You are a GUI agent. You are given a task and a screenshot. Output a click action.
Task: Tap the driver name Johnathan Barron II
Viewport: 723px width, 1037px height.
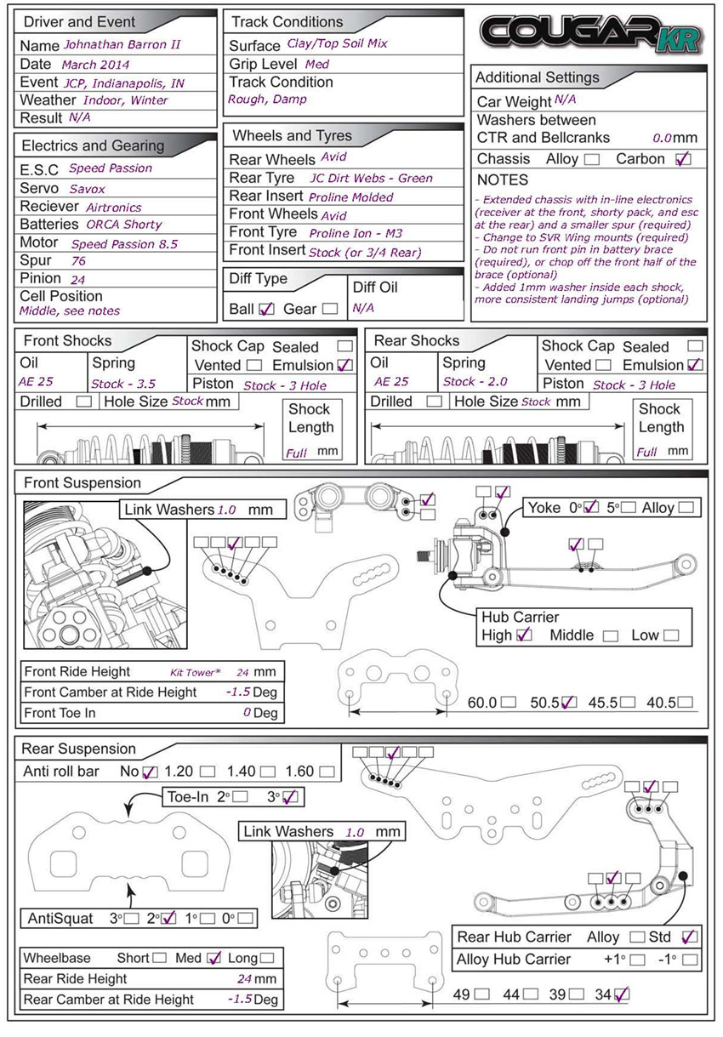coord(126,44)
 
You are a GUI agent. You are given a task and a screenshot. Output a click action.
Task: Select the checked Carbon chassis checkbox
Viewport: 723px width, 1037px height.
coord(682,159)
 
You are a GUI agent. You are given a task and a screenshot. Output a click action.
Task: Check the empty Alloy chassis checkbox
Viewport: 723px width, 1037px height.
coord(591,159)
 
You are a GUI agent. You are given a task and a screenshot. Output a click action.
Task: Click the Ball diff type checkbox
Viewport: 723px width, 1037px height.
coord(266,309)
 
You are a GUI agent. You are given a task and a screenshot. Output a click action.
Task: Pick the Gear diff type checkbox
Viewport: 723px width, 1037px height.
coord(330,309)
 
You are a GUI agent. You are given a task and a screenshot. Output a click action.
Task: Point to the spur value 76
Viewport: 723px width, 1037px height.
coord(78,261)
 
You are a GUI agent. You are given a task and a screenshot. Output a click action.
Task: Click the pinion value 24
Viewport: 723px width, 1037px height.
coord(78,278)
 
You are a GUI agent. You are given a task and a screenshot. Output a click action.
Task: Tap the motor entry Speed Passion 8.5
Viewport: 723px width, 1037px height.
coord(124,243)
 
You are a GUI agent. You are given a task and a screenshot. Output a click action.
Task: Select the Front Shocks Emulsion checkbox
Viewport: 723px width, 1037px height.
coord(344,365)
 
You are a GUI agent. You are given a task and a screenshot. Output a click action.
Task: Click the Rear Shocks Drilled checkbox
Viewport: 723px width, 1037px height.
coord(434,402)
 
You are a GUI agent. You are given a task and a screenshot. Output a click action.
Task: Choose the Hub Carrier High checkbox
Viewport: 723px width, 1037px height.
coord(524,635)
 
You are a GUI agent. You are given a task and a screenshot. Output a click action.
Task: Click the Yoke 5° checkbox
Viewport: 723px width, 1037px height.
coord(629,508)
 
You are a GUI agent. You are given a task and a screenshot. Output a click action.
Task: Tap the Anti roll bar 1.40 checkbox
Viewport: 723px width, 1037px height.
coord(267,772)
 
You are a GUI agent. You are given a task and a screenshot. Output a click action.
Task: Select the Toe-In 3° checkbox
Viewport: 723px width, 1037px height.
coord(290,797)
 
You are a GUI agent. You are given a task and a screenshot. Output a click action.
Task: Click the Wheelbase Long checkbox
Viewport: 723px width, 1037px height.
coord(267,958)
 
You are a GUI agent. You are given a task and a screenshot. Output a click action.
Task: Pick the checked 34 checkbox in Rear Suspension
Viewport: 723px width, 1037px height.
coord(622,994)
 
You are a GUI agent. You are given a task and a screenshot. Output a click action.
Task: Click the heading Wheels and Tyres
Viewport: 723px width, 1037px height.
coord(292,135)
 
